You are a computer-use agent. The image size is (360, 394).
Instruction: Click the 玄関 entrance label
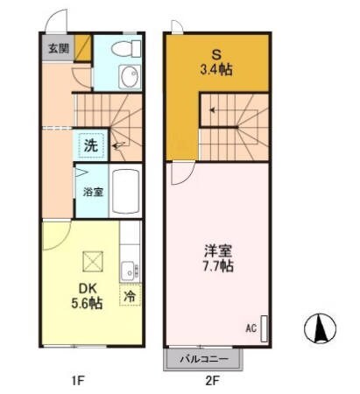[55, 47]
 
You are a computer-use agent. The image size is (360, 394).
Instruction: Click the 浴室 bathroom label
[92, 191]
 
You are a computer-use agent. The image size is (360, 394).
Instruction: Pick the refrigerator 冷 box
[130, 298]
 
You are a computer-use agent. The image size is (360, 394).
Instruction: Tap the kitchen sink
[127, 270]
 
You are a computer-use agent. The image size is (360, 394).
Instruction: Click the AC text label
[251, 330]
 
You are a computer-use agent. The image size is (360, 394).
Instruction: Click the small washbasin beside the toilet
[129, 75]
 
